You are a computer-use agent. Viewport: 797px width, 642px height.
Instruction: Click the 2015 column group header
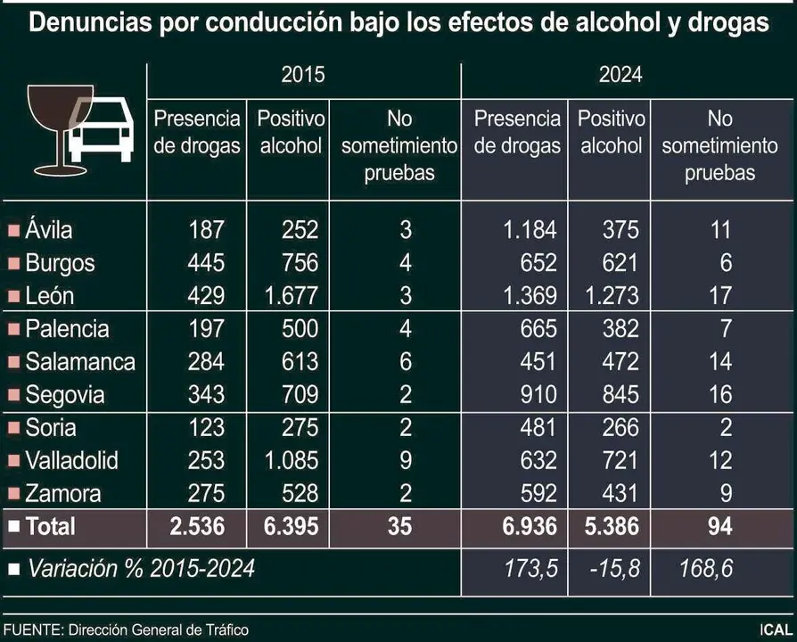coord(303,75)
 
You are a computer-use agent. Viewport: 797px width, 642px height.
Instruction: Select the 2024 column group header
coord(620,75)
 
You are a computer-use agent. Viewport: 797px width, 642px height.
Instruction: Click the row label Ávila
coord(49,230)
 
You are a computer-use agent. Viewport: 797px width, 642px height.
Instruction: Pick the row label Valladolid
coord(71,461)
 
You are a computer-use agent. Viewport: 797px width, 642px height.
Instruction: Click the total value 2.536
coord(197,527)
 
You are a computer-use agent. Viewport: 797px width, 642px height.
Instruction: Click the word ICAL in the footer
coord(773,630)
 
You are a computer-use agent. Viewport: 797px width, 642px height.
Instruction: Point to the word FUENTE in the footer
coord(31,630)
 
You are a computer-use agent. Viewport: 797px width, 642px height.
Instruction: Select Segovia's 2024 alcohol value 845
coord(620,395)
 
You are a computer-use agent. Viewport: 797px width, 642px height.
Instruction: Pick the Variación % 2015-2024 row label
coord(140,568)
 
